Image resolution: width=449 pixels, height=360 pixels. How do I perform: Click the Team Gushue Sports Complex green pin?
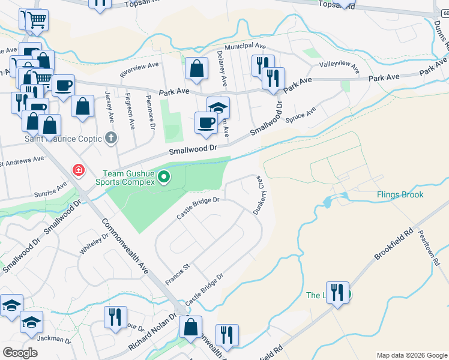coord(164,177)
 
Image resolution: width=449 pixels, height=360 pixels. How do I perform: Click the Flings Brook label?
coord(400,194)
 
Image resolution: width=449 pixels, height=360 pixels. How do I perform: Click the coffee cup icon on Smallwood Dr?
coord(206,123)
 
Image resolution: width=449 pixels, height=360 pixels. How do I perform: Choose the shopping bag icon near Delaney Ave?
coord(196,69)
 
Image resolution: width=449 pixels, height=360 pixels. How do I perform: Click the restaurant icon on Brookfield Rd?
coord(337,293)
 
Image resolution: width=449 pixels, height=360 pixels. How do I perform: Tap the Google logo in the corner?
coord(20,353)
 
